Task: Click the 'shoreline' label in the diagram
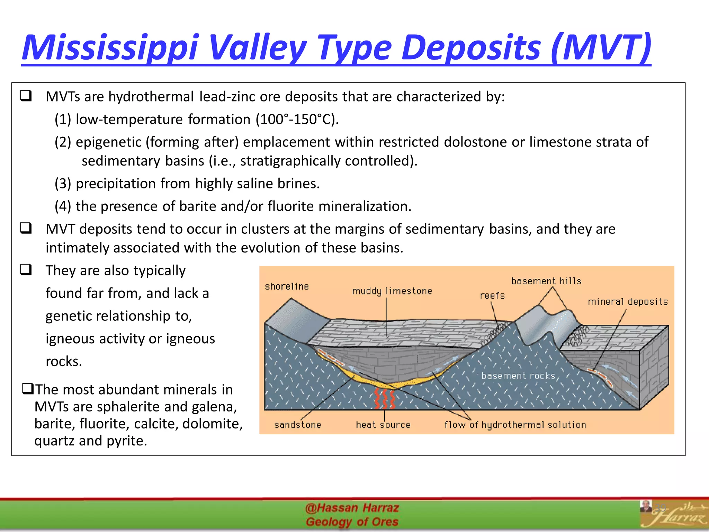point(287,286)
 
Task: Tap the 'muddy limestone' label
point(392,291)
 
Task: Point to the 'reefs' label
point(492,295)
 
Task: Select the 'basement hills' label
point(546,281)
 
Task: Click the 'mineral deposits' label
point(627,302)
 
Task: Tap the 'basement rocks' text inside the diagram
point(518,376)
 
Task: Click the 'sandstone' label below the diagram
point(297,425)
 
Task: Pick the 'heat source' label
point(383,425)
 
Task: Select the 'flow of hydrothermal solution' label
point(515,425)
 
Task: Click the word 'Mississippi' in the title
point(111,47)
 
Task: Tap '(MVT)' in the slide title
point(601,47)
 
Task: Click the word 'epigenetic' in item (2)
point(109,142)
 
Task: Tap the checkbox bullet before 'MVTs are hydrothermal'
point(26,96)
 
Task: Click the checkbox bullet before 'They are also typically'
point(26,269)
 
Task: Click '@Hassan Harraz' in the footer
point(352,508)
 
